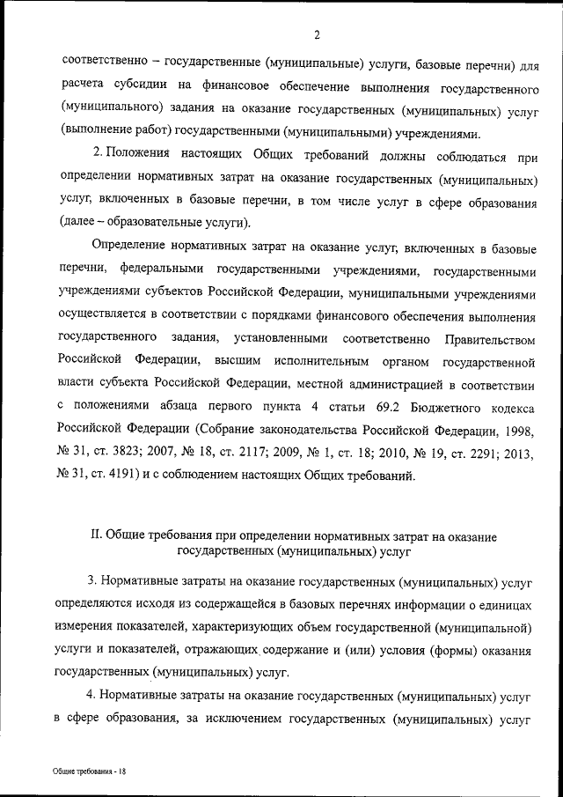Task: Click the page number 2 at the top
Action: pyautogui.click(x=314, y=34)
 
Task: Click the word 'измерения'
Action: pyautogui.click(x=92, y=628)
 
